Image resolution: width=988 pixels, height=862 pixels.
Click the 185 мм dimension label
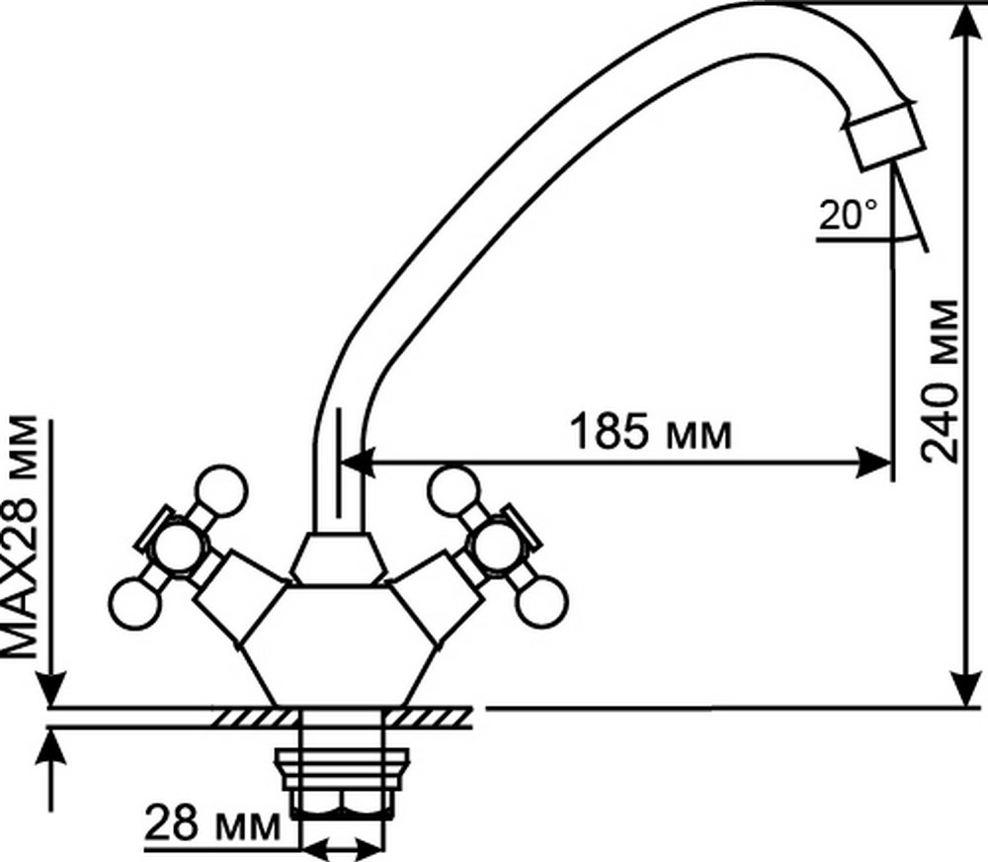tap(651, 431)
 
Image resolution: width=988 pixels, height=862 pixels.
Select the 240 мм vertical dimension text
tap(940, 382)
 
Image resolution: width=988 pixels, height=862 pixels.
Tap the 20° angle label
tap(848, 215)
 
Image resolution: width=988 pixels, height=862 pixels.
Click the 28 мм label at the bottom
tap(212, 822)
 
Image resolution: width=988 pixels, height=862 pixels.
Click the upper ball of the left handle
tap(221, 491)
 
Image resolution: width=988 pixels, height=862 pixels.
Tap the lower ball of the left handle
tap(135, 603)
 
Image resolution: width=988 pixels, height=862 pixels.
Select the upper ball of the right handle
tap(453, 491)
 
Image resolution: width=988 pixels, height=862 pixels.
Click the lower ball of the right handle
tap(542, 602)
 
